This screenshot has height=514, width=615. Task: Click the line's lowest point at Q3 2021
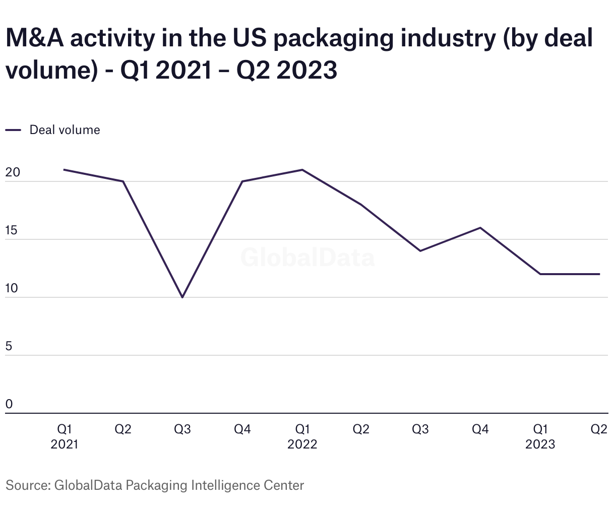point(182,297)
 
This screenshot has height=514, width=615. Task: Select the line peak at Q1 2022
point(302,170)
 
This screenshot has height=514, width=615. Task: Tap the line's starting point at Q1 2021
point(64,170)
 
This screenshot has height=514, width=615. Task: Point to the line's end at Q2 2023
point(599,274)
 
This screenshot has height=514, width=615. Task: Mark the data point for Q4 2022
point(480,228)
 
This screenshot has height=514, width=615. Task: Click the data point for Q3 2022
point(420,251)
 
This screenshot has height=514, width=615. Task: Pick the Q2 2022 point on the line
point(361,205)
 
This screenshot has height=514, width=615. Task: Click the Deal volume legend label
point(65,130)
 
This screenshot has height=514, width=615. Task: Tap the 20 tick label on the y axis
point(12,172)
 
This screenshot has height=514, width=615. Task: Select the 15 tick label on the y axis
point(12,231)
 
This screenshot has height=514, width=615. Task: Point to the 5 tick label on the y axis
point(9,347)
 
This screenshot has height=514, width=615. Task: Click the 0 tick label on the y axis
point(9,405)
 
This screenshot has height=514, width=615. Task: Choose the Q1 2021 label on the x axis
point(65,436)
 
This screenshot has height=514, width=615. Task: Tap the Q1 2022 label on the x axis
point(302,436)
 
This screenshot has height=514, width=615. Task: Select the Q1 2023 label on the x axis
point(540,436)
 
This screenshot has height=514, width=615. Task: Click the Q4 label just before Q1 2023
point(480,429)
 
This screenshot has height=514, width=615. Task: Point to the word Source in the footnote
point(27,486)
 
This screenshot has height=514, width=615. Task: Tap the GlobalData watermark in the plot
point(307,258)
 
